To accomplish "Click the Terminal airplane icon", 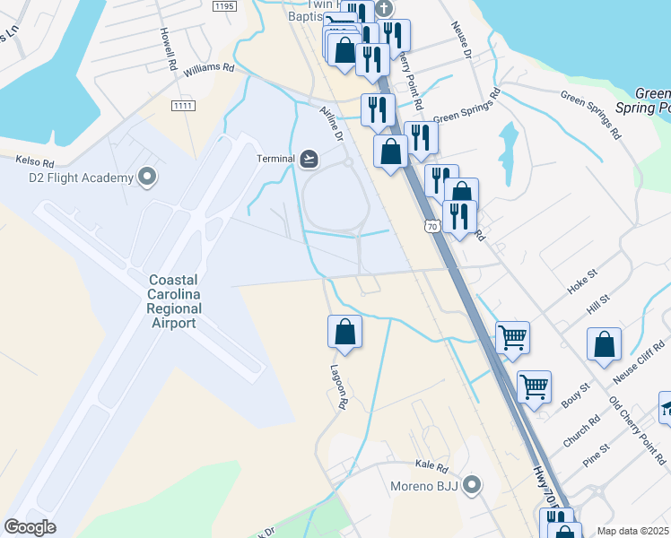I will pyautogui.click(x=309, y=159).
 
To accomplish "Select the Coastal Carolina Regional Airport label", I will pyautogui.click(x=175, y=301).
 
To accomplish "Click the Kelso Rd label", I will pyautogui.click(x=35, y=162).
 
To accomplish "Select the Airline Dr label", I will pyautogui.click(x=332, y=124).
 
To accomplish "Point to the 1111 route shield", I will pyautogui.click(x=183, y=106).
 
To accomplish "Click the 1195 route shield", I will pyautogui.click(x=224, y=6).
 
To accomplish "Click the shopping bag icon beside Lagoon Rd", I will pyautogui.click(x=344, y=333).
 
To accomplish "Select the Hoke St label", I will pyautogui.click(x=581, y=279).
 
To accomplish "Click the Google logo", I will pyautogui.click(x=30, y=526).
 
